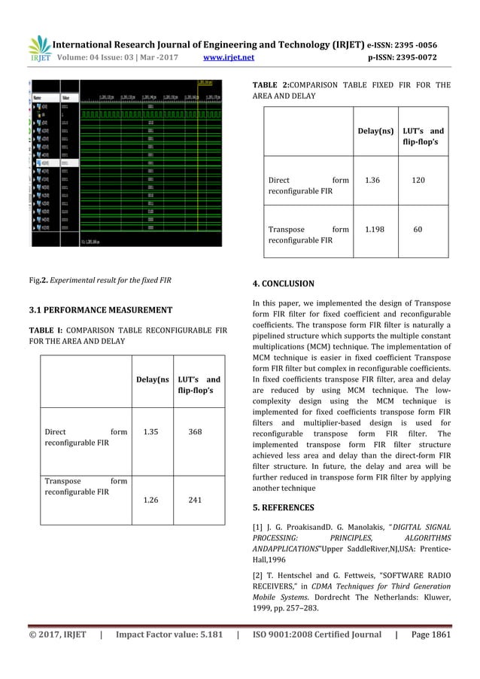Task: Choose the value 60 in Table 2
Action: pyautogui.click(x=418, y=230)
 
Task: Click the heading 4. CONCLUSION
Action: pyautogui.click(x=283, y=284)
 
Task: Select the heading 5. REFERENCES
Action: pyautogui.click(x=284, y=507)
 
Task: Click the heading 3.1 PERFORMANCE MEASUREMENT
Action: pyautogui.click(x=101, y=309)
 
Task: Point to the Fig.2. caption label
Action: pyautogui.click(x=39, y=280)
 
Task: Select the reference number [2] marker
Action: pyautogui.click(x=257, y=574)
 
